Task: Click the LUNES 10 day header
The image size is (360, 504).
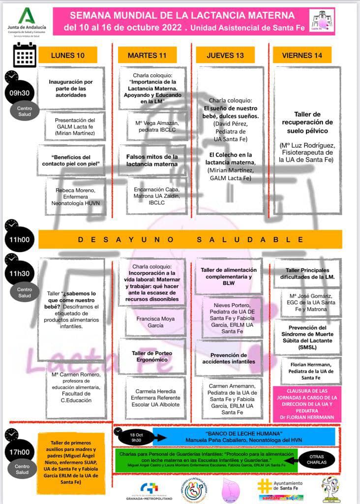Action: click(x=68, y=55)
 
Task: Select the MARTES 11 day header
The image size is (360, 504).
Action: click(x=147, y=55)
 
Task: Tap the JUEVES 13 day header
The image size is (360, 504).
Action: click(x=225, y=55)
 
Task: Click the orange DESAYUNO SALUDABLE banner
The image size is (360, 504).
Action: click(x=190, y=240)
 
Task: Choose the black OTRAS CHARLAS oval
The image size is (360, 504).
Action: click(x=317, y=459)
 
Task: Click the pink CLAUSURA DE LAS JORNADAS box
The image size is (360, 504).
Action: click(x=306, y=404)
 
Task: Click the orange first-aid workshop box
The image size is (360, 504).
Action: click(x=71, y=456)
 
